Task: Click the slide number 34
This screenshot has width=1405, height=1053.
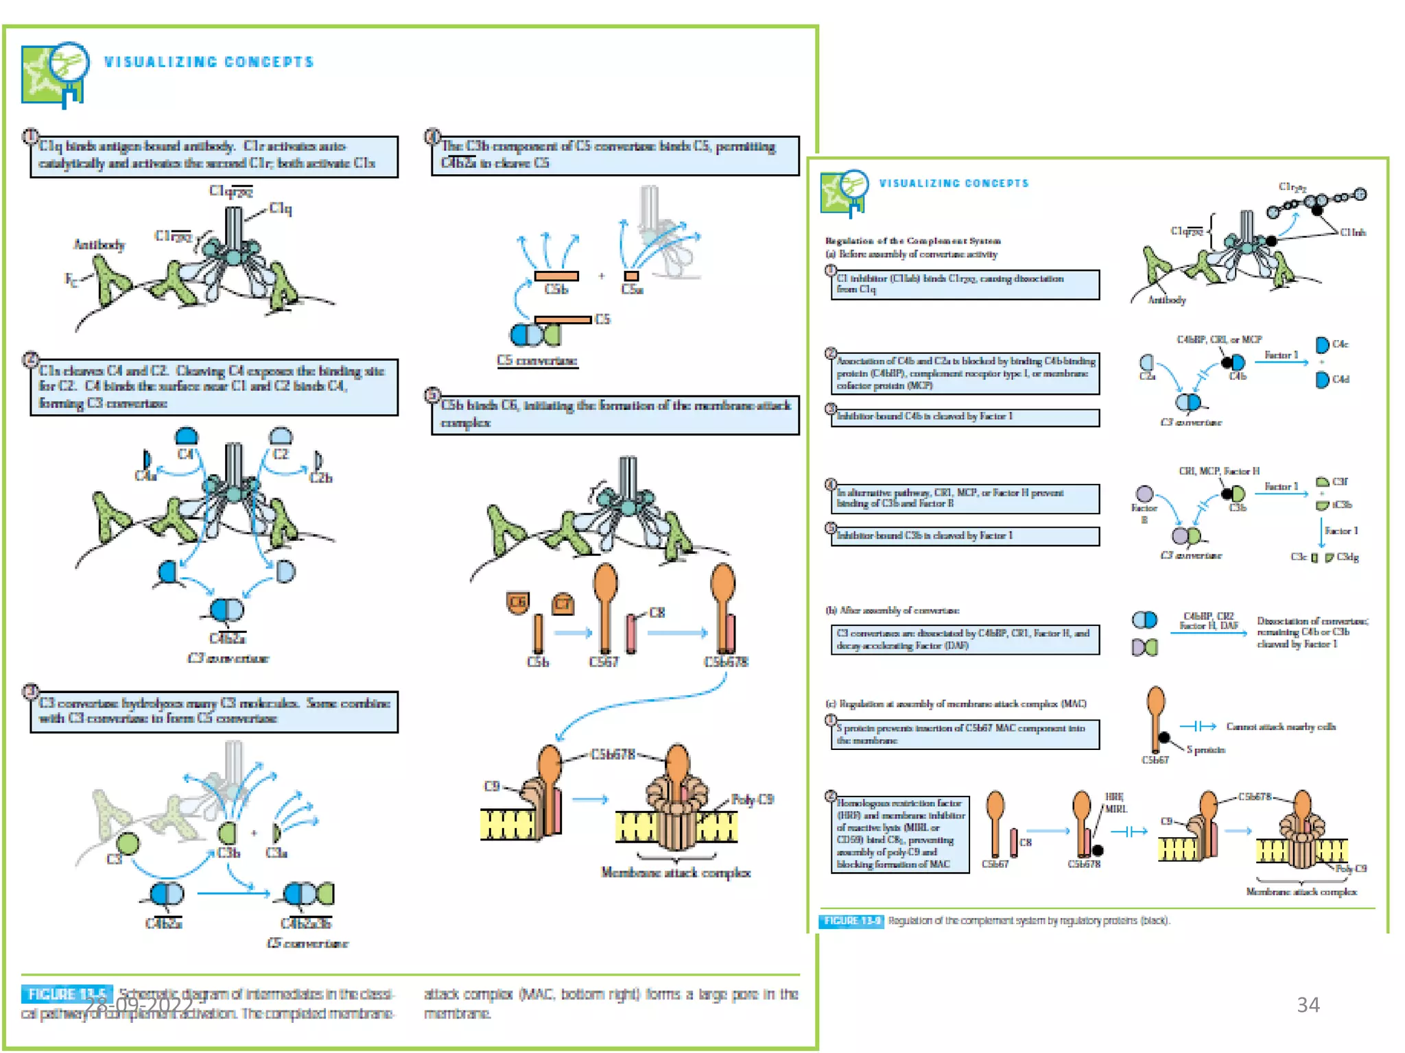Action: [x=1308, y=1004]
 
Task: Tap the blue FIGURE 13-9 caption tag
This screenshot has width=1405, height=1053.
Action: [x=851, y=921]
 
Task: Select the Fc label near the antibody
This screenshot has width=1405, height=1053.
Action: [x=71, y=278]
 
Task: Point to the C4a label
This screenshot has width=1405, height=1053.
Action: [x=145, y=475]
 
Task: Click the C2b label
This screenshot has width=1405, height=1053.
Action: [x=321, y=477]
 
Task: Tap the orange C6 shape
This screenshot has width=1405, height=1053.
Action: [x=517, y=602]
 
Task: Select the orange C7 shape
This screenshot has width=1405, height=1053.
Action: [x=563, y=603]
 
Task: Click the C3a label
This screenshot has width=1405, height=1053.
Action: [x=276, y=853]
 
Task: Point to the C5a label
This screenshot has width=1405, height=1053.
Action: [x=632, y=289]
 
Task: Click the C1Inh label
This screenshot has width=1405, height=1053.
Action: [x=1353, y=232]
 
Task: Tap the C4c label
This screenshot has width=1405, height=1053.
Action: [x=1340, y=344]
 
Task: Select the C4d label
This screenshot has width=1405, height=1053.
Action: [x=1341, y=379]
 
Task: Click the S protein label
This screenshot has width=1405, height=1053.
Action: [x=1205, y=749]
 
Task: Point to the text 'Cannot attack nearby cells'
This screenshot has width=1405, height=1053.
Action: [x=1280, y=727]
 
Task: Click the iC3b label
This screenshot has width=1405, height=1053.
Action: [x=1342, y=505]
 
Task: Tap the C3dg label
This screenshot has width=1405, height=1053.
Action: [x=1347, y=557]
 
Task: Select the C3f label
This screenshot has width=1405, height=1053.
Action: [x=1341, y=481]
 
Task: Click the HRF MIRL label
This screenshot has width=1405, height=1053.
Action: [x=1115, y=803]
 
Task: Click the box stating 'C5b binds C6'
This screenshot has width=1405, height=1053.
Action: [x=615, y=414]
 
